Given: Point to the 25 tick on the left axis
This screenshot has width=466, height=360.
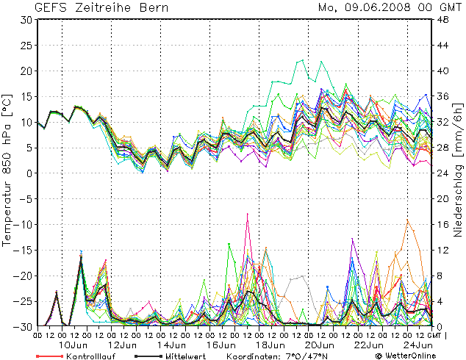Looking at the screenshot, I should coord(25,46).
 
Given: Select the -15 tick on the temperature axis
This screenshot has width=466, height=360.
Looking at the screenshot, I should coord(23,250).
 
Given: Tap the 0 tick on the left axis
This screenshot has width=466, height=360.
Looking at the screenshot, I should coord(29,173).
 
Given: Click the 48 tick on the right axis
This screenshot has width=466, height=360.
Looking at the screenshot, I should coord(444,20).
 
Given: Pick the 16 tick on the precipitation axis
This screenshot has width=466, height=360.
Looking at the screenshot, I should coord(444,224).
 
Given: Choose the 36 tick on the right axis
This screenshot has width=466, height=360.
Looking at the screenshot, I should coord(444,97).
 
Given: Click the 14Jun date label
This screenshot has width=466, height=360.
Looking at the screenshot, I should coord(172,345).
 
